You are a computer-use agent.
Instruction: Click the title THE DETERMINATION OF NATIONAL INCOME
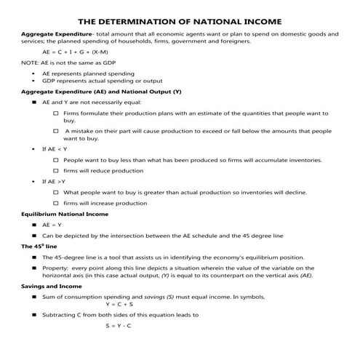click(180, 20)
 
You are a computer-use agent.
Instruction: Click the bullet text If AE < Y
click(55, 148)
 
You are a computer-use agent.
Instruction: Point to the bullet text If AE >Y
click(55, 181)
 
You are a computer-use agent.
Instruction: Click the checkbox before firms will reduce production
click(57, 170)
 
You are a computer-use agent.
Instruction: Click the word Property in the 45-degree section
click(57, 268)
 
